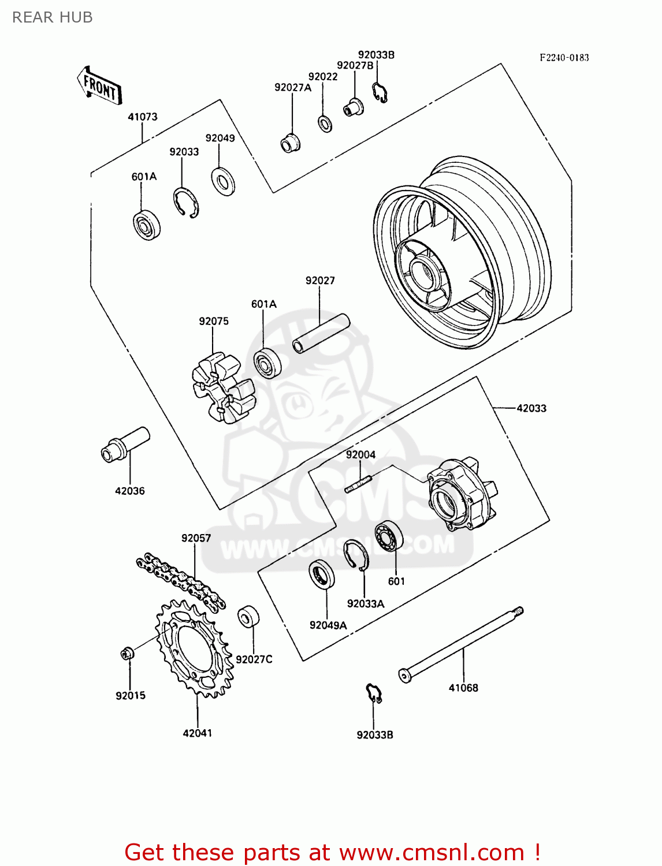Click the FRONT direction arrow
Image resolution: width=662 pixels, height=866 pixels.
[99, 85]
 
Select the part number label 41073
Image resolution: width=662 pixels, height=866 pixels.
[142, 117]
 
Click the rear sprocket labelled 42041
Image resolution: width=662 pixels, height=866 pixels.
[195, 647]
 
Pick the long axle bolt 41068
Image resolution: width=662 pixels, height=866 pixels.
[462, 644]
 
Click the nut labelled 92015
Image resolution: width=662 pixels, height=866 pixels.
[127, 654]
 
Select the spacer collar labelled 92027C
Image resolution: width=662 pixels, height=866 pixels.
[248, 617]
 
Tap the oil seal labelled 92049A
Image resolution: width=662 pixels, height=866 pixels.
[321, 575]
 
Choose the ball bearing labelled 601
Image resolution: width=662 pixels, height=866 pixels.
[388, 536]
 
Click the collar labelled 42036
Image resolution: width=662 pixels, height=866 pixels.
[125, 444]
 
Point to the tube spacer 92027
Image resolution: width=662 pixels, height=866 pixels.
[321, 334]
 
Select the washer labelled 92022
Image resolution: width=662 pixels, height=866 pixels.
[325, 124]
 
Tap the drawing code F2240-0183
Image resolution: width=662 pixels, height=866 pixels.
[564, 57]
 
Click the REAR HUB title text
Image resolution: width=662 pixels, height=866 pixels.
[52, 17]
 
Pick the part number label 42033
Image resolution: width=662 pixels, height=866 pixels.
[531, 408]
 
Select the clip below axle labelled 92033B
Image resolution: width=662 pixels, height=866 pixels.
[374, 692]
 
